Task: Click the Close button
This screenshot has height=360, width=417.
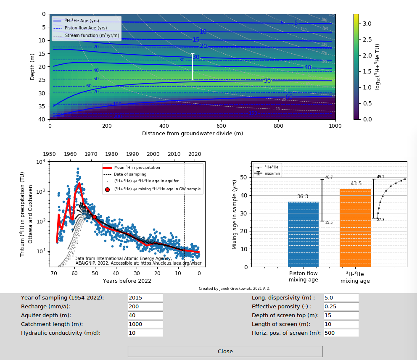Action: coord(225,351)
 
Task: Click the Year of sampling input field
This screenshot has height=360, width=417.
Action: coord(145,297)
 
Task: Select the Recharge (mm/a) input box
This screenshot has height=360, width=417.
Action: coord(145,306)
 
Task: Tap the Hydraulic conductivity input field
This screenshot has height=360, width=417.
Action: coord(145,333)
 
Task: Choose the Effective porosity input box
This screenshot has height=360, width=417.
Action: coord(341,306)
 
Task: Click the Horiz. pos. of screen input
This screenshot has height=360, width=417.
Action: coord(341,333)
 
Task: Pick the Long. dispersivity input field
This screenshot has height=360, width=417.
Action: coord(341,297)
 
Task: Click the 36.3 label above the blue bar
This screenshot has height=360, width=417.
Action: coord(303,197)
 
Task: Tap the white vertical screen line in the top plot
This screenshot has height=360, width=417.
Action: coord(193,66)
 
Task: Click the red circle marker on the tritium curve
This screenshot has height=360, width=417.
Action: coord(95,217)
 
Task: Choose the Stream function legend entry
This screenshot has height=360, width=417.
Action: coord(92,35)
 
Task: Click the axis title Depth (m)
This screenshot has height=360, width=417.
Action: coord(33,66)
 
